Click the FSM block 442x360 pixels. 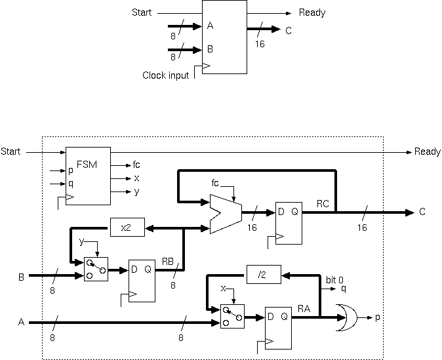[88, 176]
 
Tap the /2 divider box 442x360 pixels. [263, 274]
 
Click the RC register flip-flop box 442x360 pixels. [289, 223]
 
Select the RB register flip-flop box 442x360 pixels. [142, 279]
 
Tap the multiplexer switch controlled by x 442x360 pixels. [232, 317]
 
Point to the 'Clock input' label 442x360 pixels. [165, 75]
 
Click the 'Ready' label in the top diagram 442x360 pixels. [311, 12]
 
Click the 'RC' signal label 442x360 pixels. [323, 204]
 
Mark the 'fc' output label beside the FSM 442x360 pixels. [136, 165]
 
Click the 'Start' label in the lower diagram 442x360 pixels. [10, 151]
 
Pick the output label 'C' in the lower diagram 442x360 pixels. [422, 212]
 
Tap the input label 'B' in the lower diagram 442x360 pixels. [20, 277]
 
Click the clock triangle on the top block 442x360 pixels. [206, 67]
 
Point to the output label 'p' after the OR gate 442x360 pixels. [377, 318]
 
